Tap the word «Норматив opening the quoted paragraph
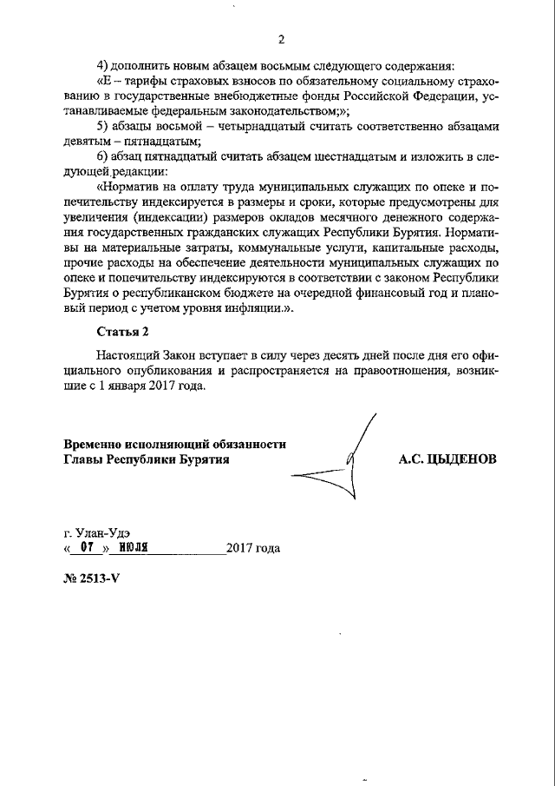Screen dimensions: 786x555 tap(133, 186)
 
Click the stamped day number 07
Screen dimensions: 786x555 tap(85, 548)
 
